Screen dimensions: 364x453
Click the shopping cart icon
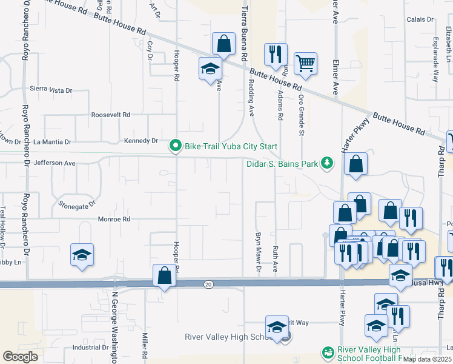(x=306, y=64)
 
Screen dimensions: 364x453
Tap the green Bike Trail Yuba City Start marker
(x=176, y=146)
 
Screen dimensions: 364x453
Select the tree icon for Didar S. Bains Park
(x=327, y=162)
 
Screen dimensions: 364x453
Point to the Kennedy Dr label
(x=141, y=141)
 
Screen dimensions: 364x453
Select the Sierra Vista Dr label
(x=51, y=89)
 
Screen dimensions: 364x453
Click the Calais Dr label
(x=420, y=19)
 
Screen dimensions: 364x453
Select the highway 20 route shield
(x=208, y=284)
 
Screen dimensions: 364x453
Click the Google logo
(x=21, y=356)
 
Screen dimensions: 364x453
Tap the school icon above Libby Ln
(x=82, y=255)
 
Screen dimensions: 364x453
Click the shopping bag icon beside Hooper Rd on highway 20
(x=164, y=275)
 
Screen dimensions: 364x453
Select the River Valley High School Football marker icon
(x=327, y=352)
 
